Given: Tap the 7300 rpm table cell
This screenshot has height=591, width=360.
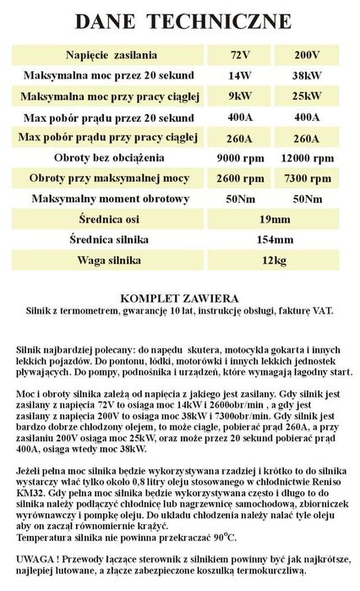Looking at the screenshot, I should [x=308, y=178].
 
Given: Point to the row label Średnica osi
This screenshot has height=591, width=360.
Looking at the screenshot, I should [x=112, y=220].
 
